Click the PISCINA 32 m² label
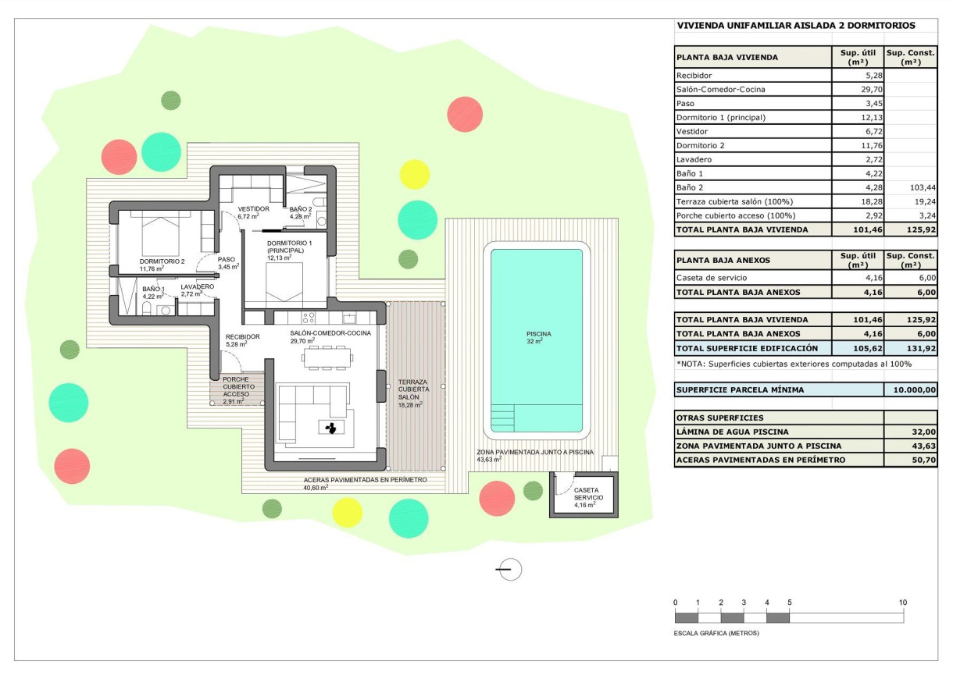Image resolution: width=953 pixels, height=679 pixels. click(537, 337)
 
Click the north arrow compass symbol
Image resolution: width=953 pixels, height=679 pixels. click(509, 570)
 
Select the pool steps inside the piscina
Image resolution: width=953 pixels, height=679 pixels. click(505, 417)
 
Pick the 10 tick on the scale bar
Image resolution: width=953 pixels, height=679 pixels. click(903, 603)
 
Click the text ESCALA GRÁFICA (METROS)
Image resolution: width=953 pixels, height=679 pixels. click(716, 633)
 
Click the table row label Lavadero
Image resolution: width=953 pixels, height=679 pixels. click(694, 159)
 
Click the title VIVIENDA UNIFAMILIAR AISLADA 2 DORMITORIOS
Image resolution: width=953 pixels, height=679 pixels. click(796, 26)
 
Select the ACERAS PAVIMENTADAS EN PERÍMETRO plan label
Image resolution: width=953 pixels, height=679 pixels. click(365, 481)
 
